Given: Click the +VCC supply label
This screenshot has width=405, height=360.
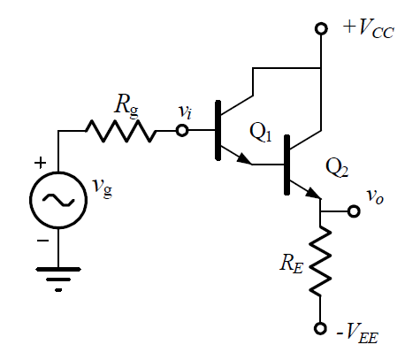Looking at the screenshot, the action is (369, 28).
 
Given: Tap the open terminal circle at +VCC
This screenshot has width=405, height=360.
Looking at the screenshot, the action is (321, 29).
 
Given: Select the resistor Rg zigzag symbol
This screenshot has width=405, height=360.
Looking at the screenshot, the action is (121, 131).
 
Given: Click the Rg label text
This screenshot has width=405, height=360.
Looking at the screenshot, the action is (126, 105).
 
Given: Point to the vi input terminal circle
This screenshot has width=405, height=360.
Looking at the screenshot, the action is (182, 130).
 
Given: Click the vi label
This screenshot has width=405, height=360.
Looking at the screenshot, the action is (185, 111).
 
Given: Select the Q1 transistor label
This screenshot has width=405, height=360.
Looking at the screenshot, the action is (260, 132).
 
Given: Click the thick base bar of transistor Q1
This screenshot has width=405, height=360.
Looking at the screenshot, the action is (218, 130).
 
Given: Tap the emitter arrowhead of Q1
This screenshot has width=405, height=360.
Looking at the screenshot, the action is (245, 158).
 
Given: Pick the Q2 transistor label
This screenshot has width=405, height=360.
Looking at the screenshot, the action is (337, 167).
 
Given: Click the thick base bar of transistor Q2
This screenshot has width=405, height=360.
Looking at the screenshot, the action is (287, 165).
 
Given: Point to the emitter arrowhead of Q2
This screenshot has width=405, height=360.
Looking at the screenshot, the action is (313, 193).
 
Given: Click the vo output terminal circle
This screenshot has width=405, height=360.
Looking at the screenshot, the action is (354, 211).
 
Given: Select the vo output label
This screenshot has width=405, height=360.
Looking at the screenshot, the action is (375, 196).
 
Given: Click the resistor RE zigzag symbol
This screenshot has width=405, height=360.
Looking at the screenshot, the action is (320, 261).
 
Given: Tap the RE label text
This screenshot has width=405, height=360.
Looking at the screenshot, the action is (291, 264).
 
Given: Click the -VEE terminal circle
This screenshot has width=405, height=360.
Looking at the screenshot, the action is (320, 328).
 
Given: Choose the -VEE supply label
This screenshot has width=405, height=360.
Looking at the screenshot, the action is (357, 333).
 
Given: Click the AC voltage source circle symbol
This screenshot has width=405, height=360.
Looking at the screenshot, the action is (58, 200).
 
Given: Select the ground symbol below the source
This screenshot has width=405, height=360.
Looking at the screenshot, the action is (58, 280).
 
